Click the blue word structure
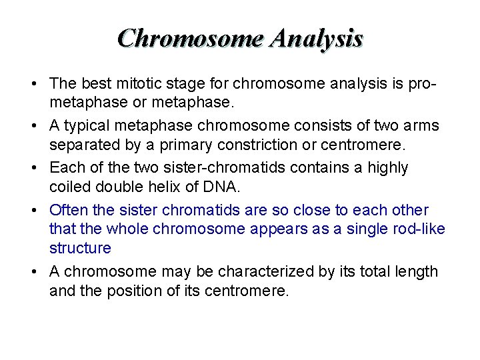(80, 249)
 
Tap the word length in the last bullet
(417, 271)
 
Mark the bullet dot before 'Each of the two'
(33, 168)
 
